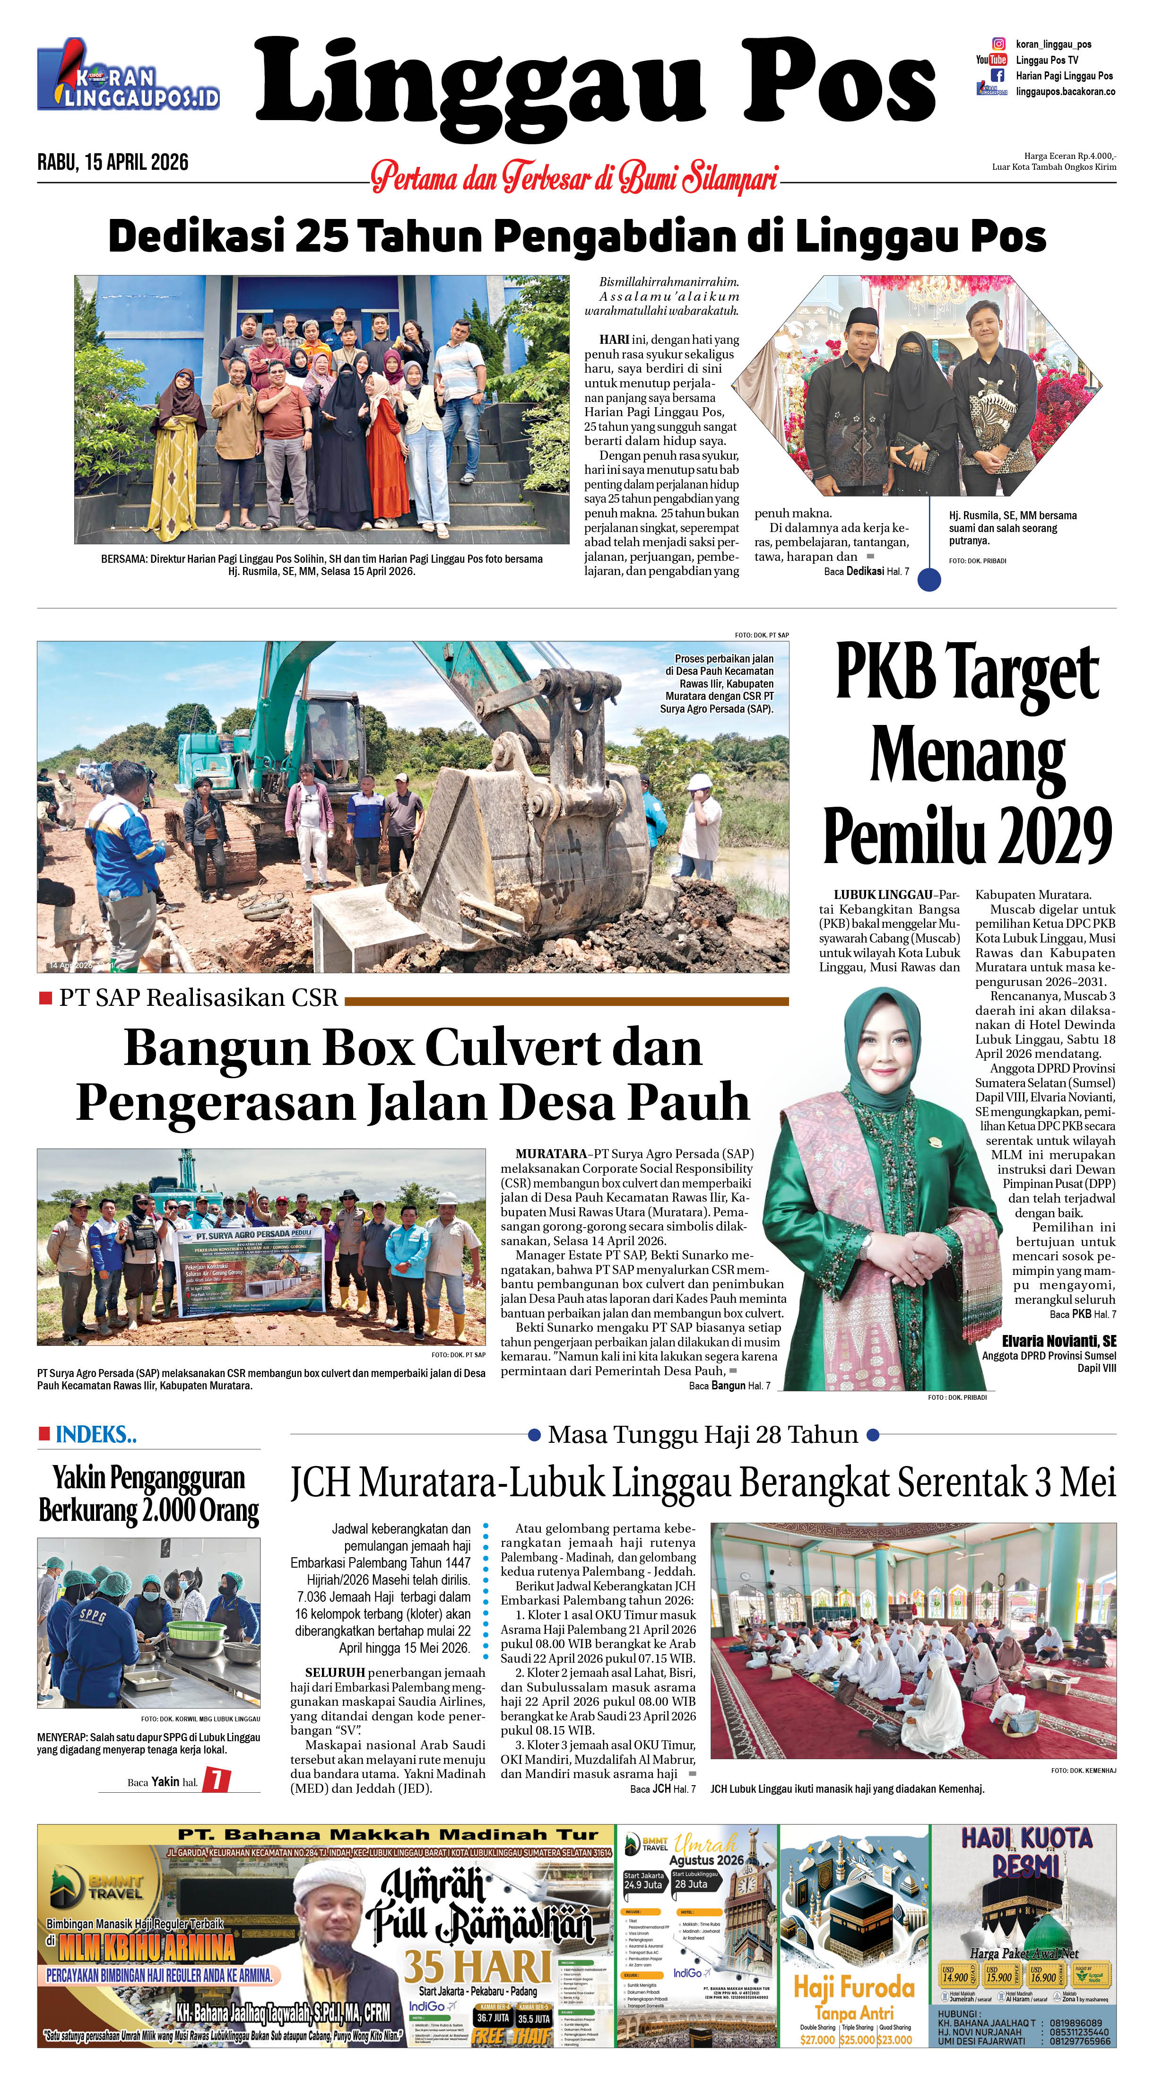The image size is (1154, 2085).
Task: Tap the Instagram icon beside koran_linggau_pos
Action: (x=999, y=44)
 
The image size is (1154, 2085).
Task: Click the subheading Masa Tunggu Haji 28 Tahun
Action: (x=703, y=1435)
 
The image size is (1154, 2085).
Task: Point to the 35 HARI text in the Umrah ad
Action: (x=477, y=1967)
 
